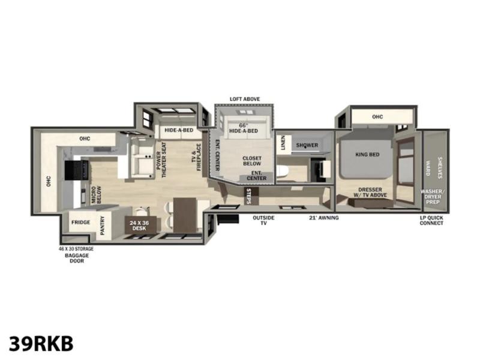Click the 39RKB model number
[x=41, y=344]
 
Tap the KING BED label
[x=367, y=155]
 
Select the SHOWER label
[x=307, y=145]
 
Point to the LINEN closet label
[x=283, y=143]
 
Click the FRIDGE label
[x=81, y=222]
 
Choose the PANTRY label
[x=103, y=226]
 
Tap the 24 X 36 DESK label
[x=139, y=226]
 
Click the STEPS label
[x=248, y=196]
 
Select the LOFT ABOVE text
[x=245, y=99]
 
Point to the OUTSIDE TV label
[x=263, y=220]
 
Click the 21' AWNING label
[x=324, y=218]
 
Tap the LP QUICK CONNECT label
[x=431, y=220]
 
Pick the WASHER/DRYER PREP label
[x=433, y=197]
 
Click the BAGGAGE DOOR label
[x=77, y=258]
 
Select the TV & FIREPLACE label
[x=197, y=157]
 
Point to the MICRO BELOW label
[x=96, y=195]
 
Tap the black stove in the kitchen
[x=76, y=170]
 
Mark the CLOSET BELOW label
[x=252, y=161]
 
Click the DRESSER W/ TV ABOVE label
[x=370, y=192]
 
